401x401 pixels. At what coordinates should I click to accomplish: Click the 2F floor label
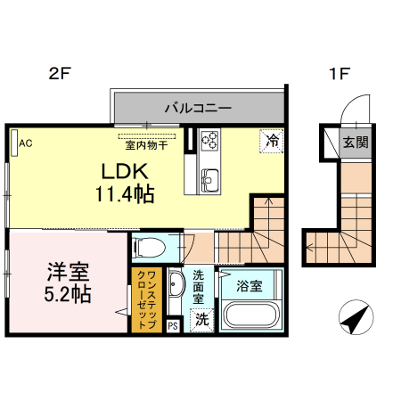[x=58, y=75]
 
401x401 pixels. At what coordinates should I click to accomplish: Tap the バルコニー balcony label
[x=197, y=108]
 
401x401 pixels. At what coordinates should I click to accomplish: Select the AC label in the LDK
[x=25, y=142]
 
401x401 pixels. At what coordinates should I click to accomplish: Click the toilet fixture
[x=150, y=246]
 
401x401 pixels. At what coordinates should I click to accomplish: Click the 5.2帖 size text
[x=65, y=295]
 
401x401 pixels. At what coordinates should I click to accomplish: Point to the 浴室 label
[x=250, y=286]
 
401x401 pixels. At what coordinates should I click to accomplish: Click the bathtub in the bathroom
[x=250, y=315]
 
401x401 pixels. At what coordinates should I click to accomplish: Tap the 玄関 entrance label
[x=356, y=142]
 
